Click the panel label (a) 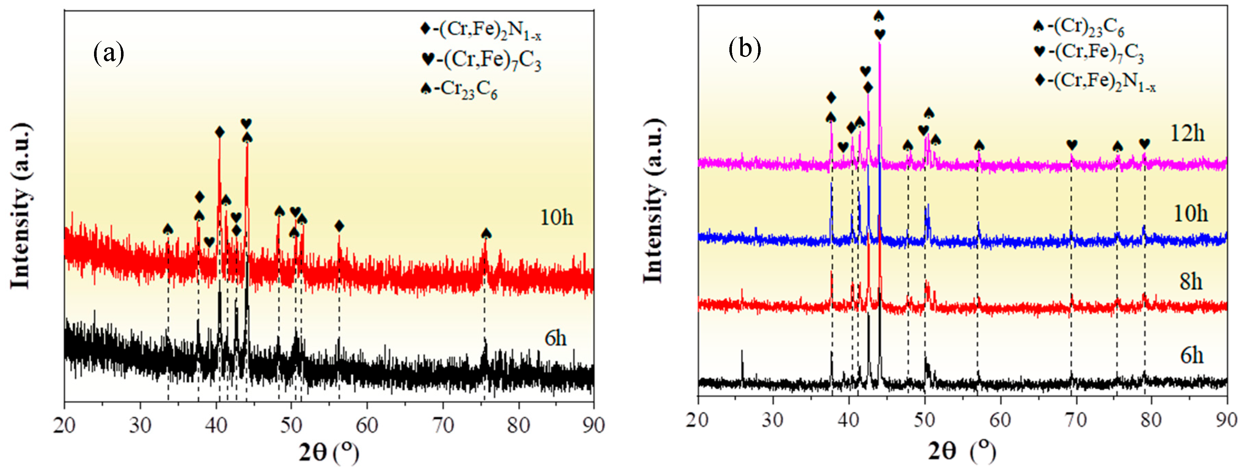pyautogui.click(x=109, y=53)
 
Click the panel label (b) pyautogui.click(x=745, y=48)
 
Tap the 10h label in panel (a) pyautogui.click(x=557, y=218)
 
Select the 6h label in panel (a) pyautogui.click(x=555, y=339)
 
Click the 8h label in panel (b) pyautogui.click(x=1191, y=281)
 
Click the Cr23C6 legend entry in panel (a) pyautogui.click(x=459, y=90)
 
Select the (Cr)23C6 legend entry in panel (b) pyautogui.click(x=1078, y=27)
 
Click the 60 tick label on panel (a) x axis pyautogui.click(x=367, y=425)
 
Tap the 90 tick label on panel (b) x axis pyautogui.click(x=1227, y=420)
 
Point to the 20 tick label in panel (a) pyautogui.click(x=65, y=425)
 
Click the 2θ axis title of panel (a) pyautogui.click(x=329, y=452)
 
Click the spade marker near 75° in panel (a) pyautogui.click(x=486, y=234)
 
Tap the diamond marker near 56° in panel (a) pyautogui.click(x=339, y=226)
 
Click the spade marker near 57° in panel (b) pyautogui.click(x=979, y=145)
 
